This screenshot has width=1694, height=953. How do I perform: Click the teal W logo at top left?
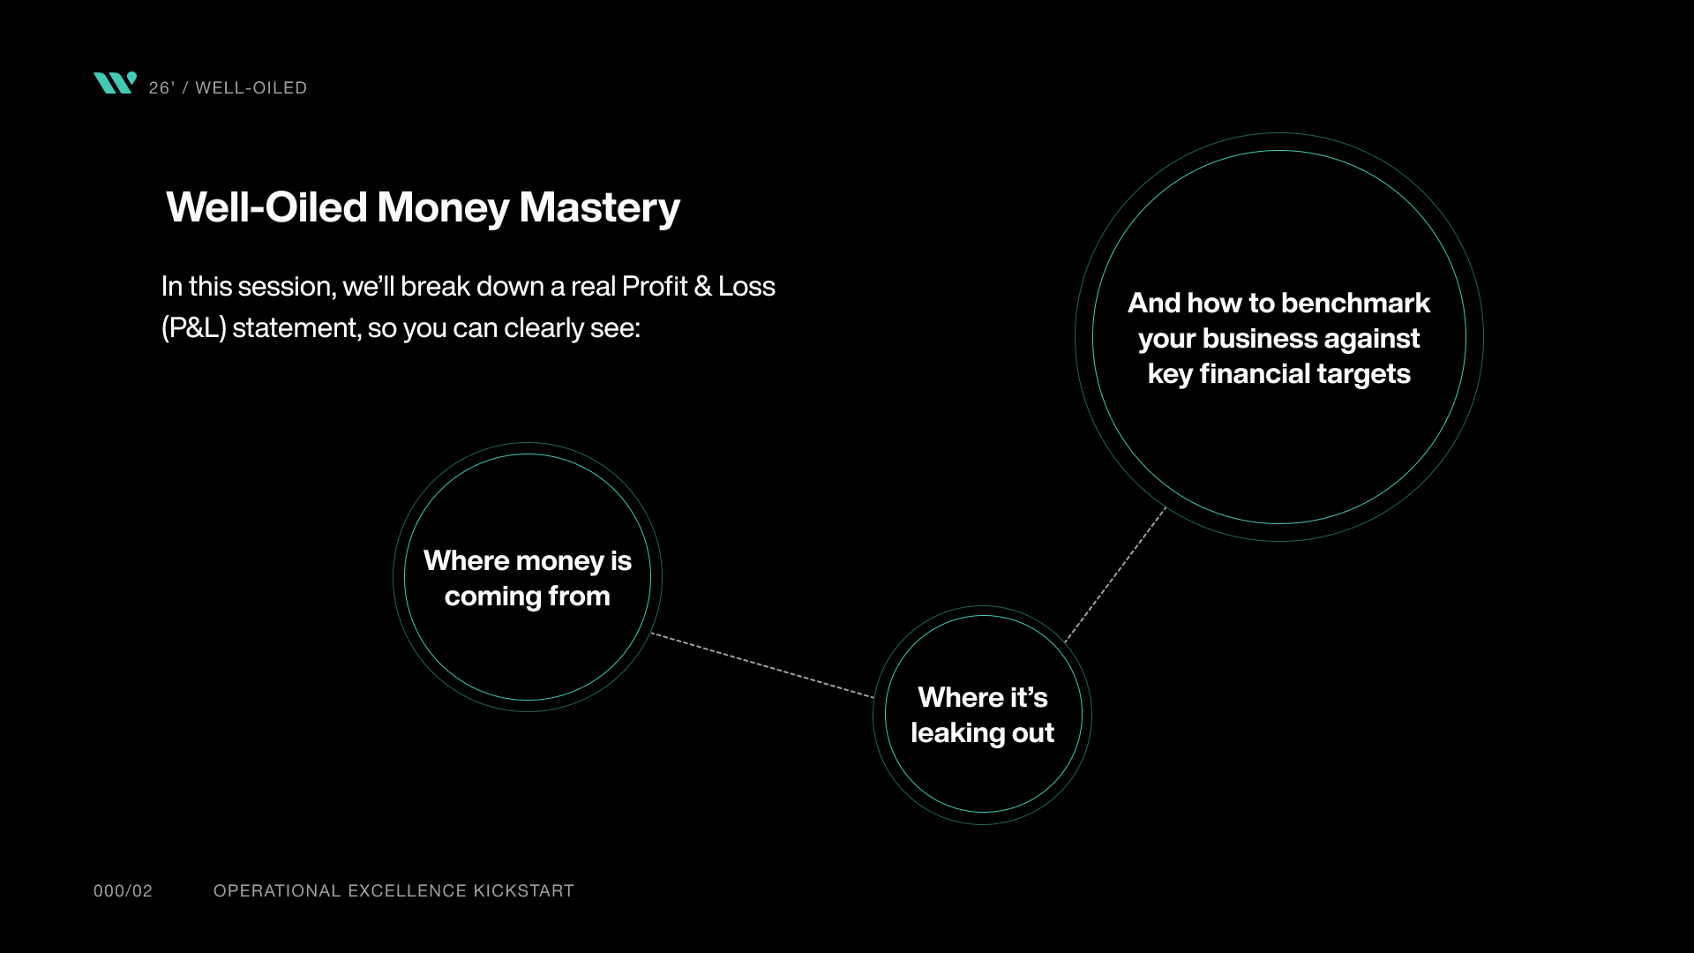click(115, 83)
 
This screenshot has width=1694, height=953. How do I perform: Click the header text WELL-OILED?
click(251, 88)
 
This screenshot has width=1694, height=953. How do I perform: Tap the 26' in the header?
click(161, 88)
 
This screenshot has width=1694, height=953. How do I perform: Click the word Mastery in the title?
click(599, 207)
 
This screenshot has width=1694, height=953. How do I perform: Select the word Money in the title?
click(443, 207)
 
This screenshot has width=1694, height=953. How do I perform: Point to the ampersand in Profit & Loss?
click(702, 287)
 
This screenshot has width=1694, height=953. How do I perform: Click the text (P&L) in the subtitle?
click(193, 328)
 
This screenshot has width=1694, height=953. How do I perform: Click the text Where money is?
click(528, 561)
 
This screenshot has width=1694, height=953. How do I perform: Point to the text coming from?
click(528, 597)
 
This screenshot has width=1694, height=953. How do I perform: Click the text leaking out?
click(982, 733)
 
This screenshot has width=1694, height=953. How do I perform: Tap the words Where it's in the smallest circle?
click(982, 698)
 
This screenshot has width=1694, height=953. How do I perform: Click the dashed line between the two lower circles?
click(762, 665)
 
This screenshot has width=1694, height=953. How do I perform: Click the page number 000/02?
click(123, 891)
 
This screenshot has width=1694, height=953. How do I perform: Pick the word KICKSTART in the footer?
click(523, 891)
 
